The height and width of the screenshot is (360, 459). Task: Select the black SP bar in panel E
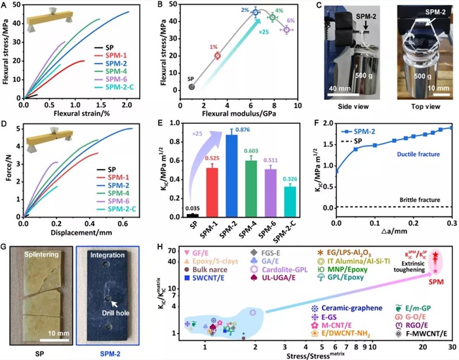(x=193, y=215)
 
